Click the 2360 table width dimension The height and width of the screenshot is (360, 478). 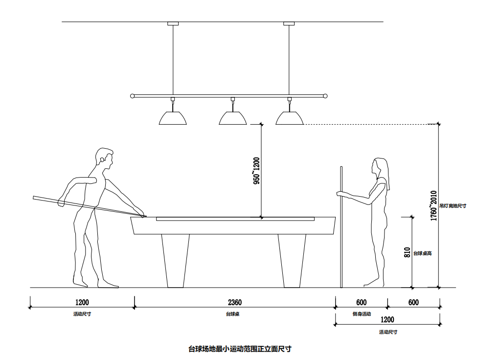(x=234, y=303)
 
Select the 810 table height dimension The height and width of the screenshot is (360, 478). (x=407, y=252)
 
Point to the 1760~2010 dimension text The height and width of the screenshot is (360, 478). (x=433, y=206)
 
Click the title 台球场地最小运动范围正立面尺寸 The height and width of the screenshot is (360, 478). (x=240, y=349)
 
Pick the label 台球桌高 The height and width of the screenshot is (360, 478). (x=423, y=253)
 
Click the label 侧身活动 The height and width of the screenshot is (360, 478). (x=362, y=314)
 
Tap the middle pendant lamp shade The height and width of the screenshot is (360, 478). (x=232, y=118)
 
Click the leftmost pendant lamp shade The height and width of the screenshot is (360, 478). (x=173, y=118)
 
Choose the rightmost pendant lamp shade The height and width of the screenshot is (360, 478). (x=289, y=118)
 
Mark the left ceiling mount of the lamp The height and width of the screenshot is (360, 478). (x=173, y=23)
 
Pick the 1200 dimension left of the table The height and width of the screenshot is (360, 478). (x=82, y=303)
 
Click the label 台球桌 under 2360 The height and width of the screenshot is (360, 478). (x=232, y=314)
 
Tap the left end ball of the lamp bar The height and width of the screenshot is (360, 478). (x=132, y=96)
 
